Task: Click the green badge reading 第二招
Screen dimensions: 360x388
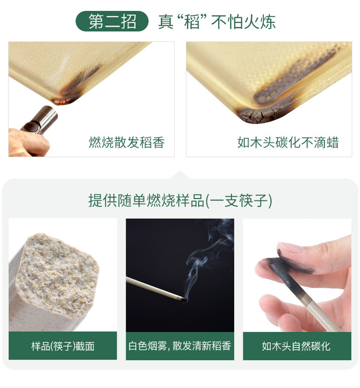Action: click(112, 21)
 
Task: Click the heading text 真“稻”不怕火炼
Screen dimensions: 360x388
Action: click(216, 22)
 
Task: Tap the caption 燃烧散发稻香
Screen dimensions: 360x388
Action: click(127, 142)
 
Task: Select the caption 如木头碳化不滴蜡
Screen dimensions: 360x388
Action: click(288, 142)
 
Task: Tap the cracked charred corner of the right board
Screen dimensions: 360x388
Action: click(260, 115)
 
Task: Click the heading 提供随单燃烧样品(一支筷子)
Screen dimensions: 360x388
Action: click(180, 201)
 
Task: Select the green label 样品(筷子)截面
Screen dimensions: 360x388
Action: click(63, 346)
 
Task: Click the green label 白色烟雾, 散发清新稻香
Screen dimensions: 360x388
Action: click(180, 346)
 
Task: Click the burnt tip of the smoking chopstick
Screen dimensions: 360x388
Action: click(184, 300)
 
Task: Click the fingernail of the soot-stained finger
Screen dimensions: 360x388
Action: click(290, 247)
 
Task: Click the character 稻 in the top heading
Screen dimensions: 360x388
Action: click(192, 22)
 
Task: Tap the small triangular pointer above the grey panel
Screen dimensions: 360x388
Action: click(180, 175)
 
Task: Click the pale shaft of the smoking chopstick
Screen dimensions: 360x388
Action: click(153, 289)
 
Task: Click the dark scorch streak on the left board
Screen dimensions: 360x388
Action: click(82, 79)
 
